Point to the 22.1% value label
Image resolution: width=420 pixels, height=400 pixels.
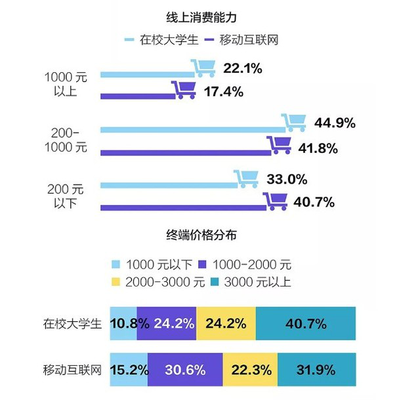(243, 68)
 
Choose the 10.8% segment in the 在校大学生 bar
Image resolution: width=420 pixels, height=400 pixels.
(123, 323)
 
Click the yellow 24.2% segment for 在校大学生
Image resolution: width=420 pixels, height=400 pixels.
(226, 323)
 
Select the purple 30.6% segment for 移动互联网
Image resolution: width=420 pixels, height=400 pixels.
(185, 370)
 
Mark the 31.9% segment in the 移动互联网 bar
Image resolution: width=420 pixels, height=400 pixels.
(316, 370)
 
